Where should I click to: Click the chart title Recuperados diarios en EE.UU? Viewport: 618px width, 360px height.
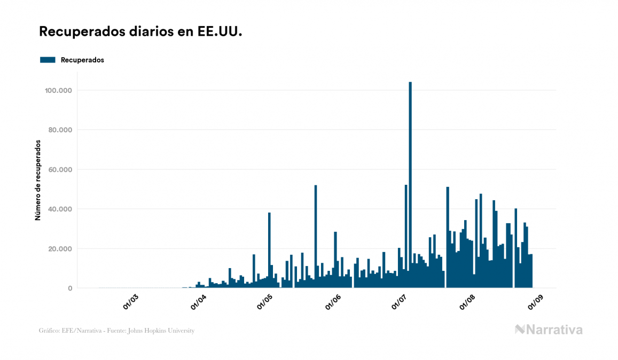point(140,32)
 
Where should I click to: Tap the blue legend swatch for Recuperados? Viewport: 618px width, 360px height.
point(48,60)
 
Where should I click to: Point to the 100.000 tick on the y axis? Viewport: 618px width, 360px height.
point(59,90)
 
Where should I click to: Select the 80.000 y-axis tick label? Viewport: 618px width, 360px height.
point(60,130)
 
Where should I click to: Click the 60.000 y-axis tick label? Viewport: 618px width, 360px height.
point(60,169)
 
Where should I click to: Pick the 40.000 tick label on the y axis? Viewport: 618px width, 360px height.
point(60,209)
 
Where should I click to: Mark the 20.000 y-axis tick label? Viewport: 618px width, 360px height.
point(60,248)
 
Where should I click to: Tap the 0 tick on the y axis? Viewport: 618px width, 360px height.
point(69,288)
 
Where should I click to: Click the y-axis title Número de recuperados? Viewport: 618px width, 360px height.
point(38,181)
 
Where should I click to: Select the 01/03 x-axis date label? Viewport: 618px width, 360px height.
point(131,302)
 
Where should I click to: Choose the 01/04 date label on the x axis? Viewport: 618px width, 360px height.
point(199,302)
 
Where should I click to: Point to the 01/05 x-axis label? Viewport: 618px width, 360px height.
point(265,302)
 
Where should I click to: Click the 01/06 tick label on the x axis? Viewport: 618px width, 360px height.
point(333,302)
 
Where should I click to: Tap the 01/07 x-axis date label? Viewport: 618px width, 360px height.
point(400,302)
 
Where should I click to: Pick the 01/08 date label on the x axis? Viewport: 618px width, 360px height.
point(467,302)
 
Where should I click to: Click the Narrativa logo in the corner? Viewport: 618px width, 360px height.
point(549,330)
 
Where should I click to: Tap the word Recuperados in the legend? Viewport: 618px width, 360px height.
point(82,60)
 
